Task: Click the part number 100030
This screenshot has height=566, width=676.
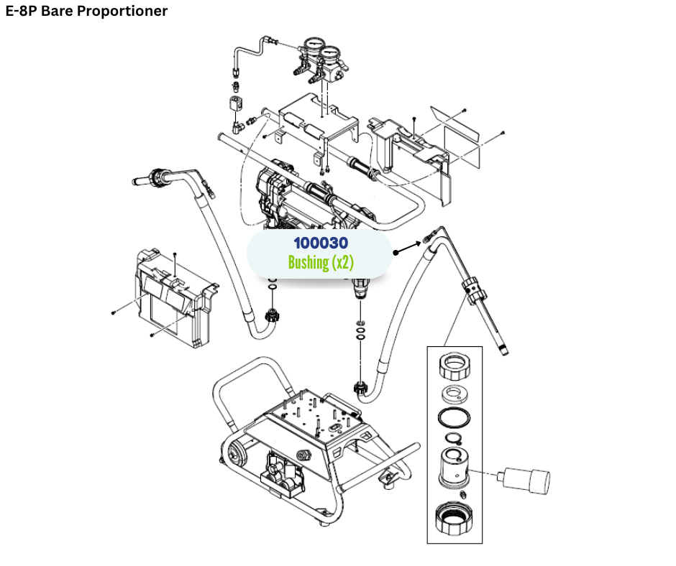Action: tap(320, 244)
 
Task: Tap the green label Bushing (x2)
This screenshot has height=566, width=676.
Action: tap(320, 262)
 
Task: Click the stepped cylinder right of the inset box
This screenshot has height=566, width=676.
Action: tap(526, 478)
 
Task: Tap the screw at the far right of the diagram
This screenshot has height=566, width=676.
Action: tap(503, 133)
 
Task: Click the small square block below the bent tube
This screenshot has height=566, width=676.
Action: tap(235, 104)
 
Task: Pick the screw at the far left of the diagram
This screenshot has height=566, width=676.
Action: tap(114, 312)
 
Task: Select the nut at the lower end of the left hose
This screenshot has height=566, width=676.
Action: tap(272, 315)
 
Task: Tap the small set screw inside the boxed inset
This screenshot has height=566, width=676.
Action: tap(464, 496)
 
